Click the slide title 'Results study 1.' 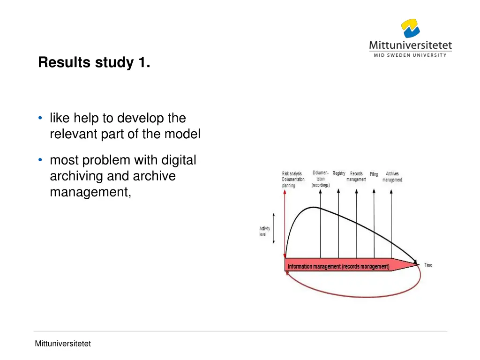(x=94, y=62)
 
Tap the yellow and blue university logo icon (x=410, y=29)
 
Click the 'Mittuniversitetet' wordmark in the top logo (x=410, y=45)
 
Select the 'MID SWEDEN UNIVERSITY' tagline (x=410, y=55)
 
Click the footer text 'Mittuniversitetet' (x=63, y=344)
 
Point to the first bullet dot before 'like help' (x=41, y=118)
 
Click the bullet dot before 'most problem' (x=41, y=160)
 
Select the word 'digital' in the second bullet (x=179, y=160)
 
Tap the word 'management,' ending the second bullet (x=90, y=192)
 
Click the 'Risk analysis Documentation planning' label (x=293, y=180)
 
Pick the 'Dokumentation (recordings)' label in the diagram (x=321, y=179)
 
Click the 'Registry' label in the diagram (x=339, y=173)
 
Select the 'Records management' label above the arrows (x=356, y=177)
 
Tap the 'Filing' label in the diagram (x=374, y=174)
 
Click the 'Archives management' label (x=392, y=177)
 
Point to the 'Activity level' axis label (x=265, y=232)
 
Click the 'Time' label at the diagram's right (x=428, y=265)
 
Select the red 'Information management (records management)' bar (x=338, y=266)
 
